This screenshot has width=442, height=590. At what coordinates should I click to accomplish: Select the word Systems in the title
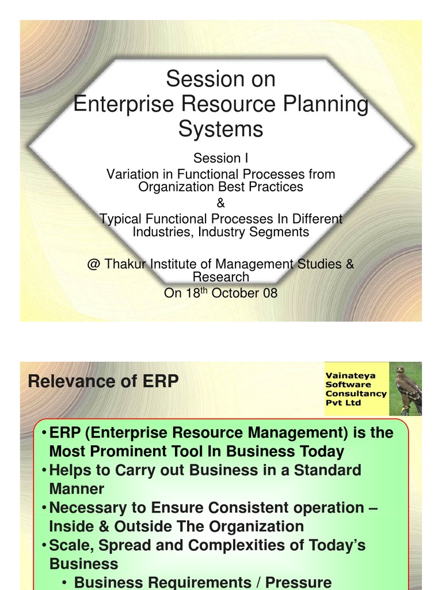tap(220, 129)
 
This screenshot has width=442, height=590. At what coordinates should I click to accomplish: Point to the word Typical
tap(120, 220)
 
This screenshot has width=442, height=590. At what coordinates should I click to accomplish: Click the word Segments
tap(283, 232)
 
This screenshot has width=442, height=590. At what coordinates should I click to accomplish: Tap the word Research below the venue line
tap(220, 277)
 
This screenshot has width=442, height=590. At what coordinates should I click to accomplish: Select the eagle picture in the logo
tap(409, 388)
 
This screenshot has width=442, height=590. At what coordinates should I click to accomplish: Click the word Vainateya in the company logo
tap(350, 375)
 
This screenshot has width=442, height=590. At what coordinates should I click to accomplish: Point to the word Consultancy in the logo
tap(356, 394)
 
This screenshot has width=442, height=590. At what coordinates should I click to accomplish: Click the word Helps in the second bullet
tap(70, 470)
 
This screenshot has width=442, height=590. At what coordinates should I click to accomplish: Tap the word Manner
tap(77, 489)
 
